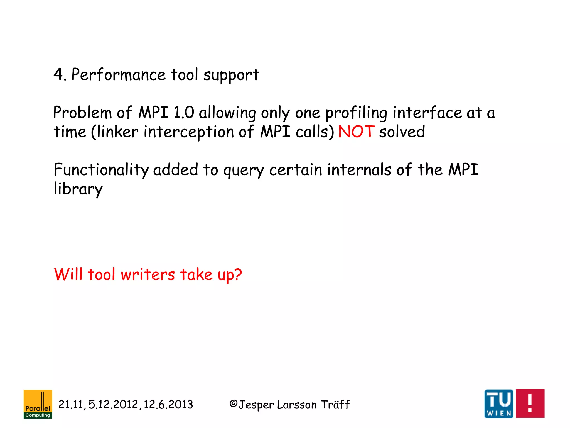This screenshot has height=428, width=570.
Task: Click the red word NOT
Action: point(357,132)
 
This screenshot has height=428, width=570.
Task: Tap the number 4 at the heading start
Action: point(58,75)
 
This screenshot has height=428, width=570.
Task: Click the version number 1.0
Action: point(183,113)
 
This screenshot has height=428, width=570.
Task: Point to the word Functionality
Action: point(101,170)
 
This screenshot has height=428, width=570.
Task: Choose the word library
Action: point(78,189)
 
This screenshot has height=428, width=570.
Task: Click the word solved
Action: point(402,132)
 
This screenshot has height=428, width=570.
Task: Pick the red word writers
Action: point(148,274)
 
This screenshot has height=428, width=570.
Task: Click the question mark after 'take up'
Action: point(238,274)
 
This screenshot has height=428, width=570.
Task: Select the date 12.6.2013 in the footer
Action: point(168,405)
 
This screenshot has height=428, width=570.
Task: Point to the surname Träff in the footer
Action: point(335,405)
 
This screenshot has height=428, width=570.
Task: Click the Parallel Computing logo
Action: point(38,404)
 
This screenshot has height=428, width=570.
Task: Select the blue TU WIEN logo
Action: point(499,403)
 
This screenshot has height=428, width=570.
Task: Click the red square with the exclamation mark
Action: point(530,403)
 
